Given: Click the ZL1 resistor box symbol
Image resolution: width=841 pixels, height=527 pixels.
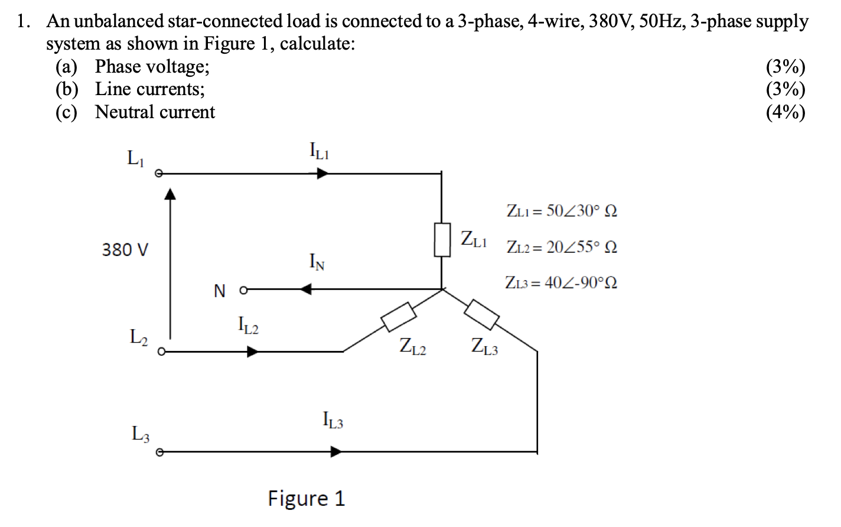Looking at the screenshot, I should tap(442, 239).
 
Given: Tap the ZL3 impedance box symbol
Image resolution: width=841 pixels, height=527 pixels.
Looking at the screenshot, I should tap(482, 314).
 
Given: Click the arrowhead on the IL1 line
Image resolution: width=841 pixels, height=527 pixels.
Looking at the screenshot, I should tap(322, 174).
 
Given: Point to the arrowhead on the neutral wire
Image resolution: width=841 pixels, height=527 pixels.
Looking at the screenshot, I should tap(306, 289).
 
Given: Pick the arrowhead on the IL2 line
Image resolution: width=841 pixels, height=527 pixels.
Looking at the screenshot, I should tap(252, 352).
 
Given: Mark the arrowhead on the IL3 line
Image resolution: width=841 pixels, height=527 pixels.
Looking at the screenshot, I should tap(335, 452).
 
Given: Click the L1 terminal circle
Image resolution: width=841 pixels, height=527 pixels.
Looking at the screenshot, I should tap(158, 174).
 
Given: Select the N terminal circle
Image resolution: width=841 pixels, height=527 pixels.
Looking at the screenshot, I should tap(243, 289).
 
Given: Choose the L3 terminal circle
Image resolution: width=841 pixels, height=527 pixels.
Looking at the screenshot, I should tap(158, 453).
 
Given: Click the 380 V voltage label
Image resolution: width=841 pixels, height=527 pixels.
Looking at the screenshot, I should tap(125, 250).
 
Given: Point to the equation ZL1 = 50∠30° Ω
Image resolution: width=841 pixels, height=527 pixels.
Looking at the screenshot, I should tap(562, 211).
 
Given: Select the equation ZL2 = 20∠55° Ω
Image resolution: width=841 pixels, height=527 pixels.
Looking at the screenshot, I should tap(562, 247).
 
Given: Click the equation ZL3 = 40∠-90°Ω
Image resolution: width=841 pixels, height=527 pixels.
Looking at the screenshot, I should tap(561, 283).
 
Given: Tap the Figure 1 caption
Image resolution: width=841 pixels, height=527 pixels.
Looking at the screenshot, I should tap(306, 499).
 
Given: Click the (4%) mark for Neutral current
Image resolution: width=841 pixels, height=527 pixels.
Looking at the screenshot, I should tap(785, 112).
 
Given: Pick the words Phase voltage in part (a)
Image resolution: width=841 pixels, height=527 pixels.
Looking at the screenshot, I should tap(152, 67).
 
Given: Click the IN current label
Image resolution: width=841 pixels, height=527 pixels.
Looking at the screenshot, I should tap(317, 262).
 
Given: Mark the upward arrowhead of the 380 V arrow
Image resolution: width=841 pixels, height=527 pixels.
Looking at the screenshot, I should tap(170, 194).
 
